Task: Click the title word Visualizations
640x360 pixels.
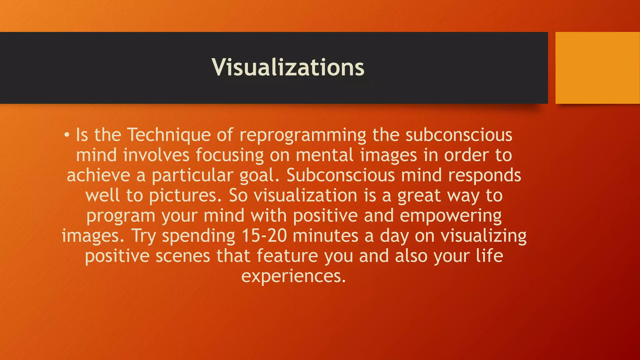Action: point(288,67)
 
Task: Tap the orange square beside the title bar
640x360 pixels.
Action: point(597,68)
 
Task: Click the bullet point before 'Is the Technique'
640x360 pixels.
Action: point(67,135)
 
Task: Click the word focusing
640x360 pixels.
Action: point(230,156)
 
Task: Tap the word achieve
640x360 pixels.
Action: point(98,175)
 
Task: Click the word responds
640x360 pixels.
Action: point(484,176)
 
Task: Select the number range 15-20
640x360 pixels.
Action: point(264,236)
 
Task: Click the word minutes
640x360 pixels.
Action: point(325,236)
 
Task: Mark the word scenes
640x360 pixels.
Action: point(183,256)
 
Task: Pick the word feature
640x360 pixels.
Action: point(287,256)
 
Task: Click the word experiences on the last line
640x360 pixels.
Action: point(293,277)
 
